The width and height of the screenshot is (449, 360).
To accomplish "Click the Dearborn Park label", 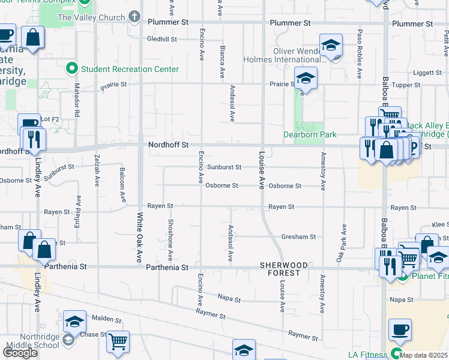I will (x=310, y=135).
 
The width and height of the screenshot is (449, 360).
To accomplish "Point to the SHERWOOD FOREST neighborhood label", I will (x=284, y=269).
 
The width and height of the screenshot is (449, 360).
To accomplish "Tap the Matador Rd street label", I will (x=77, y=103).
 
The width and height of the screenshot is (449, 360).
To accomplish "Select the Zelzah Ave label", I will (x=97, y=170).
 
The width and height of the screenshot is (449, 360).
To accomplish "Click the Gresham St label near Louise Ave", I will (x=298, y=237).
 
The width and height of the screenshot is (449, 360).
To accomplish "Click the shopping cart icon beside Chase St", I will (x=118, y=341).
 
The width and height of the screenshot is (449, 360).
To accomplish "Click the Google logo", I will (x=20, y=353).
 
